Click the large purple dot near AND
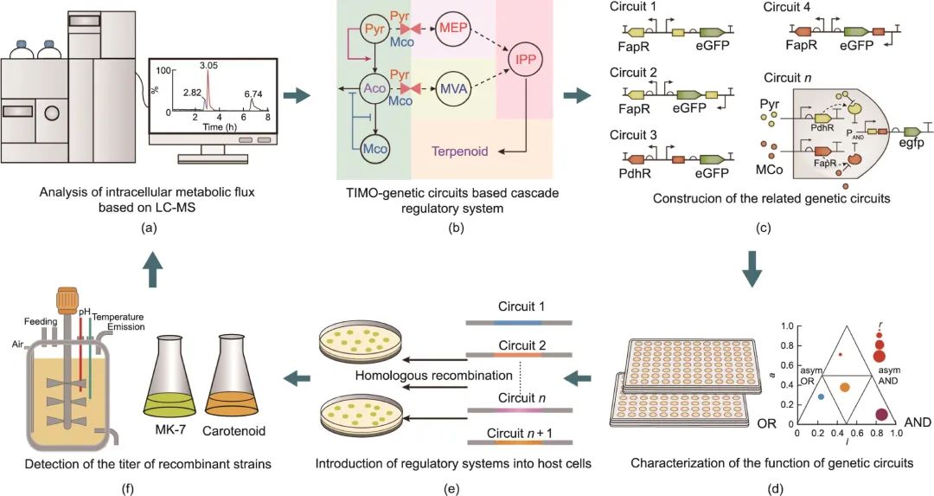[881, 415]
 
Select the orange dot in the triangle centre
[844, 388]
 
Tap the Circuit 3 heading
[633, 135]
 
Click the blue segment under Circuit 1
[517, 323]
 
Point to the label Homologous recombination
[433, 376]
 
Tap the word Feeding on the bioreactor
[41, 321]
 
